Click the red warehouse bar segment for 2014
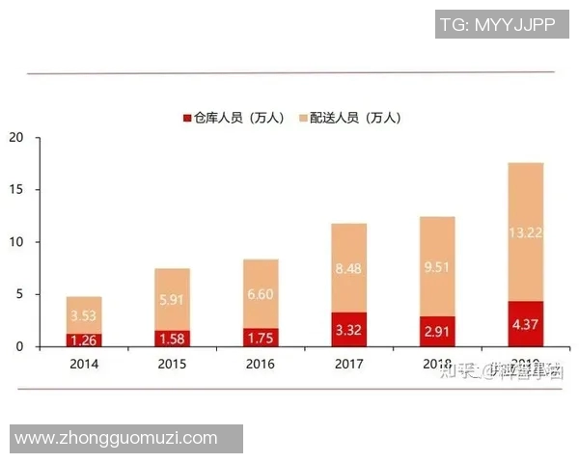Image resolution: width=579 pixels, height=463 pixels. [84, 340]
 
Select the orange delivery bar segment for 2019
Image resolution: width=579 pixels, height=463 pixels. [526, 231]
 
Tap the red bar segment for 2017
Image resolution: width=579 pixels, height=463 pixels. [349, 329]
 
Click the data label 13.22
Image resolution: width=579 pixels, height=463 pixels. [526, 231]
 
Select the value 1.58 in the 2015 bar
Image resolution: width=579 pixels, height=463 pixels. [173, 338]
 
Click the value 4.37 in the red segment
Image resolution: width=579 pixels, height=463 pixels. [526, 324]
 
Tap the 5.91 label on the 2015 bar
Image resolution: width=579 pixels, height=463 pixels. [173, 300]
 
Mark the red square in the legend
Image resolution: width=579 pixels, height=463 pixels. [186, 118]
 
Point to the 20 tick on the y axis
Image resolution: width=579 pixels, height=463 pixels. [15, 137]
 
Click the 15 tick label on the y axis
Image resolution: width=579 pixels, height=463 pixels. [15, 190]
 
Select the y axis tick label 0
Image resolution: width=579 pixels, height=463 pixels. [19, 346]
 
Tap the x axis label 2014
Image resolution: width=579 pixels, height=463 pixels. [84, 364]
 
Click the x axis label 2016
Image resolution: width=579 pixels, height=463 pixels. [261, 364]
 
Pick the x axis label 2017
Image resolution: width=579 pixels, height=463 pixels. [349, 364]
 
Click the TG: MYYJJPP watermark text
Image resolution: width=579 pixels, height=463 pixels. [497, 25]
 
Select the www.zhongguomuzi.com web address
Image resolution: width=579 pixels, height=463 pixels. [116, 438]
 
